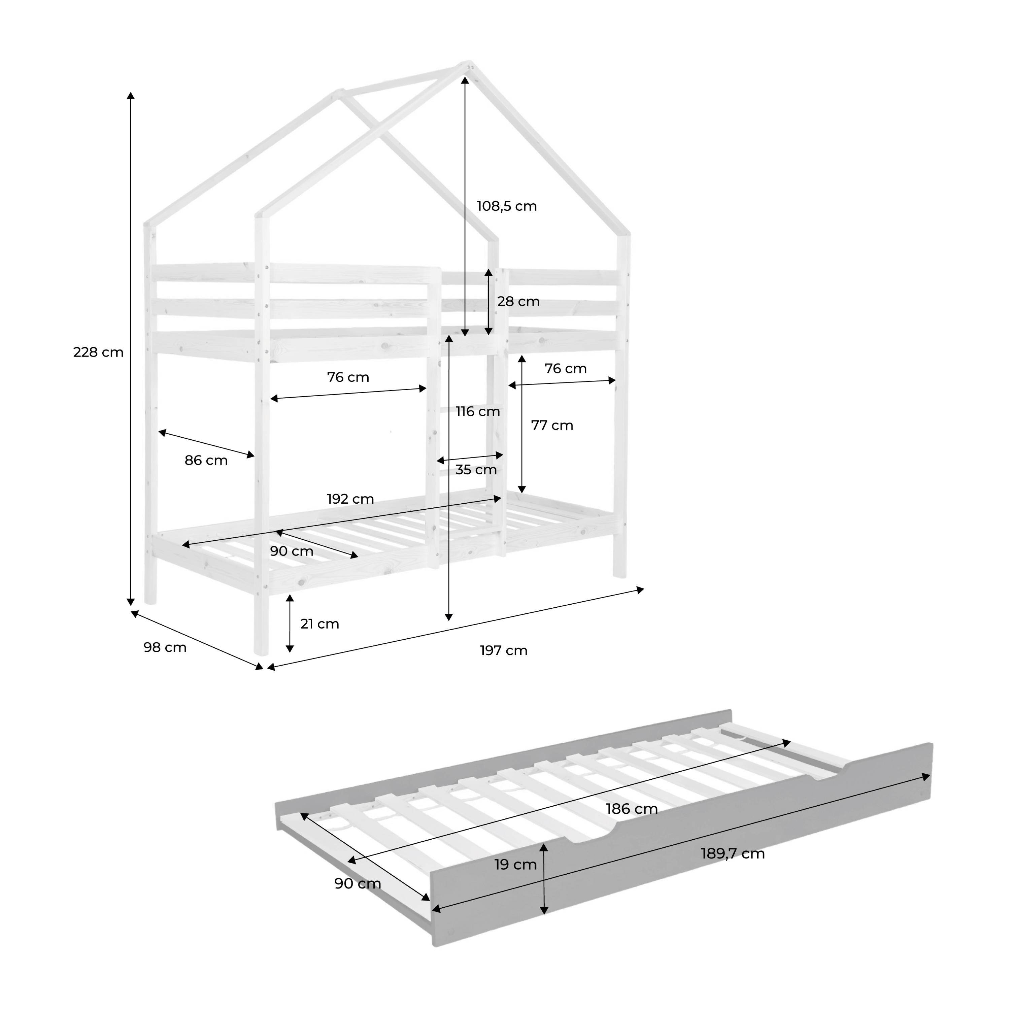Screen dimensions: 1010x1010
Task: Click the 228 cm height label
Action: tap(98, 352)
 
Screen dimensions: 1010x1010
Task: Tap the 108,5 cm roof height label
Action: tap(507, 206)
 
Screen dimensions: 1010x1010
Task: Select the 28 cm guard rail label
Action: tap(518, 302)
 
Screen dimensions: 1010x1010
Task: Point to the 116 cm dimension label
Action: tap(478, 411)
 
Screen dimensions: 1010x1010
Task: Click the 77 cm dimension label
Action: tap(552, 426)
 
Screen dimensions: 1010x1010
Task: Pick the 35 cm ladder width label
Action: tap(476, 469)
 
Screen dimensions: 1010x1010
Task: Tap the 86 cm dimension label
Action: tap(206, 461)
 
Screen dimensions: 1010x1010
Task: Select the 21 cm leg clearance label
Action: tap(319, 624)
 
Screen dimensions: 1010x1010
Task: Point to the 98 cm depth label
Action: tap(165, 647)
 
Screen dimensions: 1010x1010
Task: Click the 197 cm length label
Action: tap(503, 650)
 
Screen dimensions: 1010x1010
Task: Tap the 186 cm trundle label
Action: tap(632, 809)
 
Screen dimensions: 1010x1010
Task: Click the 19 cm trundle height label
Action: tap(515, 865)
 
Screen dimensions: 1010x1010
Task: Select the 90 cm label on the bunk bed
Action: tap(291, 551)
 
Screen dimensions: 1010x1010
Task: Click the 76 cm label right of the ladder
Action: tap(566, 369)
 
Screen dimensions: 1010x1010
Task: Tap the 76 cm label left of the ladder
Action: tap(348, 377)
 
